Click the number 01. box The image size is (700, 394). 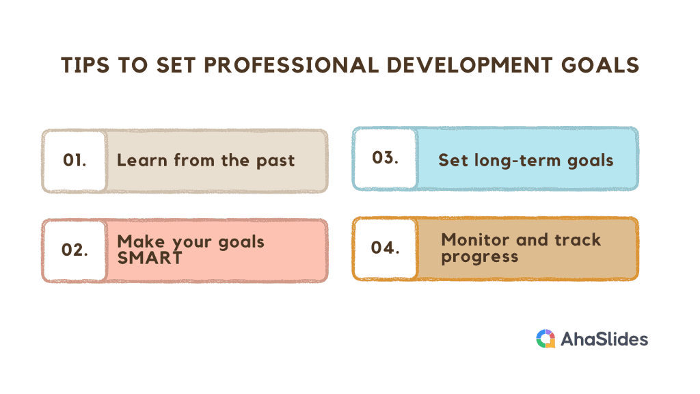(x=75, y=161)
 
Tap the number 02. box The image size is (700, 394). (x=75, y=250)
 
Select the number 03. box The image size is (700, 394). (x=385, y=158)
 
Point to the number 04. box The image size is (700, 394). (x=385, y=248)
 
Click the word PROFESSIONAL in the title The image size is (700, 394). (x=291, y=65)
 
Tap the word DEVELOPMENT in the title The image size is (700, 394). (x=470, y=65)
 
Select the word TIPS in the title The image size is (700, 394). (x=85, y=65)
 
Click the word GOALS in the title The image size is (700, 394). (x=600, y=65)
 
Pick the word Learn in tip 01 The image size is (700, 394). (x=142, y=160)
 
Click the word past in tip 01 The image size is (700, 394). (x=275, y=161)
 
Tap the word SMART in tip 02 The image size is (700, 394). (x=150, y=258)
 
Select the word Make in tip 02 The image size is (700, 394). (x=141, y=241)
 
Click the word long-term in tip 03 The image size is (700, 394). (x=517, y=161)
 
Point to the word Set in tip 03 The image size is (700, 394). (x=453, y=160)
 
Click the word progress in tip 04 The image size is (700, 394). (x=480, y=257)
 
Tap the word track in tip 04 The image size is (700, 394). (x=578, y=240)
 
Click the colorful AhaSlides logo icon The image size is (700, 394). (x=546, y=339)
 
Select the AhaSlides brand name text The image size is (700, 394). (x=604, y=339)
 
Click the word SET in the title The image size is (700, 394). (x=176, y=65)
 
